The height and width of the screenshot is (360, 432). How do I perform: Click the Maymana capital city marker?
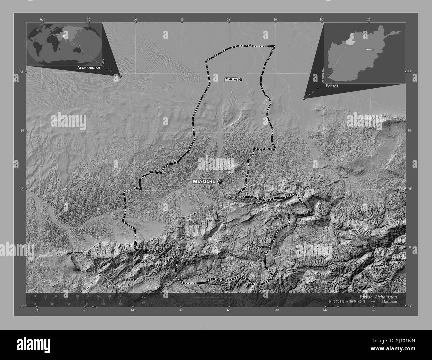point(220,181)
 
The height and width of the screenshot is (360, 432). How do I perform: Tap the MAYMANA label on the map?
point(204,182)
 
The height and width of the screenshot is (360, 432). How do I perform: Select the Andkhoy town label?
point(231,80)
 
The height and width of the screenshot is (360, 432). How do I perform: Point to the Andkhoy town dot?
point(241,80)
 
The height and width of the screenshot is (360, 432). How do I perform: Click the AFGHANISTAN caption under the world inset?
point(88,67)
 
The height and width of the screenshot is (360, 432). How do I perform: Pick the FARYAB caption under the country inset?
point(334,85)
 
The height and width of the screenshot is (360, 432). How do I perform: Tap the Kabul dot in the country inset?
point(373,50)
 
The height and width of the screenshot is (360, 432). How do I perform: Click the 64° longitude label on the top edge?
point(135,20)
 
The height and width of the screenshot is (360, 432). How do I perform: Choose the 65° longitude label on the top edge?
point(229,20)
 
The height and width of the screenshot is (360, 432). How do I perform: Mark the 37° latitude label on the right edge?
point(409,72)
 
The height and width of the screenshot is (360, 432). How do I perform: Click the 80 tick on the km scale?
point(120,296)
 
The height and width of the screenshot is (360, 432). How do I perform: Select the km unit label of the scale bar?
point(144,297)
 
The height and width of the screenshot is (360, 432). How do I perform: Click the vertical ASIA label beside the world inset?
point(103,61)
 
